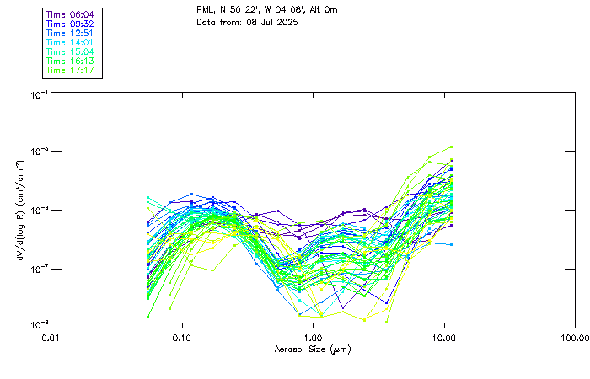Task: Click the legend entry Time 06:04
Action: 70,14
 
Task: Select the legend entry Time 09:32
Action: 70,24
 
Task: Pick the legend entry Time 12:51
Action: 70,33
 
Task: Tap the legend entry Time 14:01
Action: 70,42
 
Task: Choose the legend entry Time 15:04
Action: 70,51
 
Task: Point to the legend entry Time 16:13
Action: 70,61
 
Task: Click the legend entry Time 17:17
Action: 70,70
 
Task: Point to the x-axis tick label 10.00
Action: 444,339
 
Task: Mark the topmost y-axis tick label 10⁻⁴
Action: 38,95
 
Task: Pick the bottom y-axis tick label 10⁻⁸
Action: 38,324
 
